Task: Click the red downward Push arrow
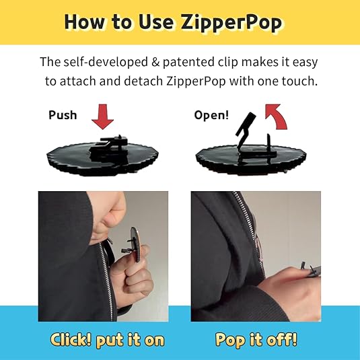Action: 103,116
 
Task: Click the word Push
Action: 63,115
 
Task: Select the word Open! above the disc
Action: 211,115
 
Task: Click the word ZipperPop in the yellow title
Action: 231,23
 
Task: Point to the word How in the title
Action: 84,22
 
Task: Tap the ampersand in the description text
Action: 155,62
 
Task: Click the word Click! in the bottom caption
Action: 71,339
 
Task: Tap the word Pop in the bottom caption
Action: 230,340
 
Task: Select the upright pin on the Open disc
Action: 268,145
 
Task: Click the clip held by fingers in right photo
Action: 311,269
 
